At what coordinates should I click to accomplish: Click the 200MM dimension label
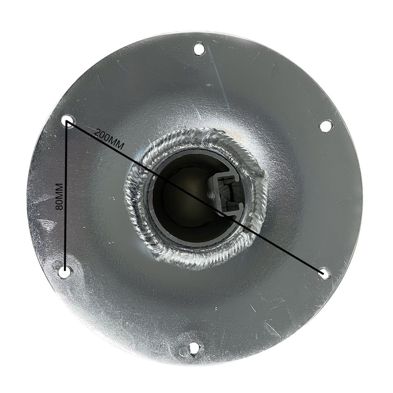click(x=109, y=139)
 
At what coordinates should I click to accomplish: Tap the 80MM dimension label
click(x=60, y=196)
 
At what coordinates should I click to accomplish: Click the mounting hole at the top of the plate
click(x=199, y=49)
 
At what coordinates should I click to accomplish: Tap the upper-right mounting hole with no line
click(x=326, y=126)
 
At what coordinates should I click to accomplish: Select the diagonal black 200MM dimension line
click(x=195, y=197)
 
